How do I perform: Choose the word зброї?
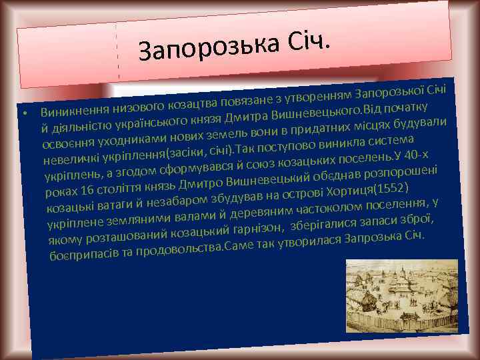[x=420, y=217]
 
